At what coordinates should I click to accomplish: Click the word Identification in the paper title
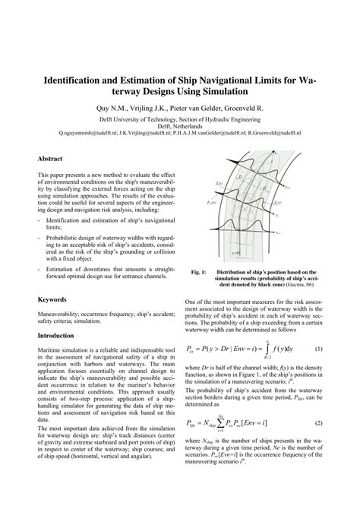pyautogui.click(x=75, y=78)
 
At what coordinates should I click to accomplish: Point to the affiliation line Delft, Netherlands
pyautogui.click(x=180, y=125)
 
